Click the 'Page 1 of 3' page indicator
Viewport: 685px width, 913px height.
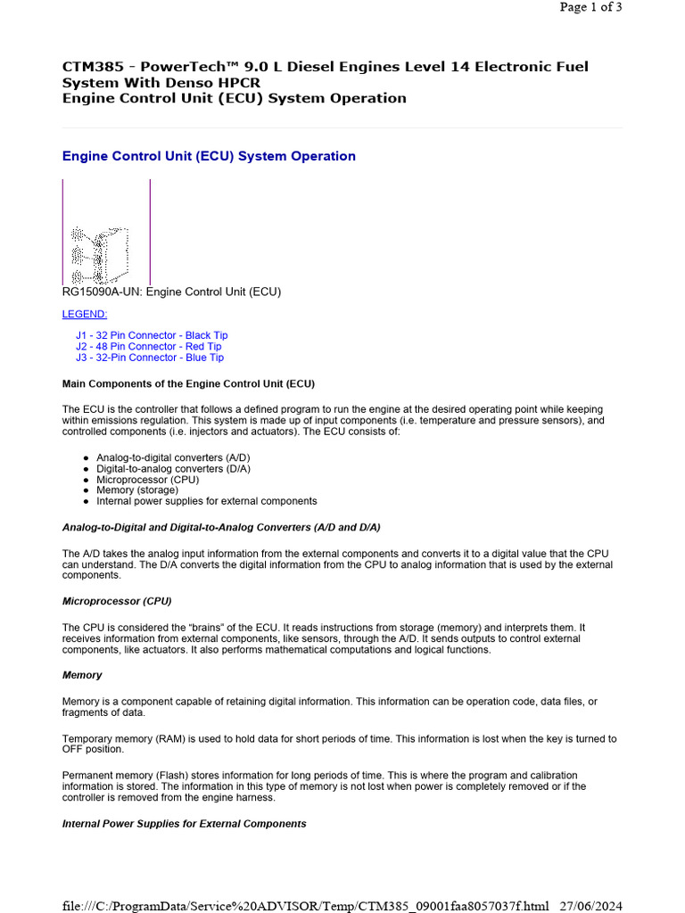590,7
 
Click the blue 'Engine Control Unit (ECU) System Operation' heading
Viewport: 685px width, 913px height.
209,156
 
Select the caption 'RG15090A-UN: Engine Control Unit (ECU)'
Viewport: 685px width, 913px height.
171,292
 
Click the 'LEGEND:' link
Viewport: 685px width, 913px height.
85,314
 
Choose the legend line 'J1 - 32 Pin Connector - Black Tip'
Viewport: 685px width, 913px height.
152,335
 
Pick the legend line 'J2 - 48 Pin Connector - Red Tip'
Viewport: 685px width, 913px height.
149,347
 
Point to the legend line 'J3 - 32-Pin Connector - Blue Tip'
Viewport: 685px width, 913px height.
150,358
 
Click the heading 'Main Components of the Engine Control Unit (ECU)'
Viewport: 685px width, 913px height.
188,384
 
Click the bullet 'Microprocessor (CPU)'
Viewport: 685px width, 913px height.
148,480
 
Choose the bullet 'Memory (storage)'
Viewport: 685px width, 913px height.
137,490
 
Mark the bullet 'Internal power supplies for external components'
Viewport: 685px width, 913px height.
206,501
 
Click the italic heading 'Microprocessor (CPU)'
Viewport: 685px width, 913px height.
117,601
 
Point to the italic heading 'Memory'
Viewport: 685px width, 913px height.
82,676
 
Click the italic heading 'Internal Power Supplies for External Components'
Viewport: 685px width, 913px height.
184,824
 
